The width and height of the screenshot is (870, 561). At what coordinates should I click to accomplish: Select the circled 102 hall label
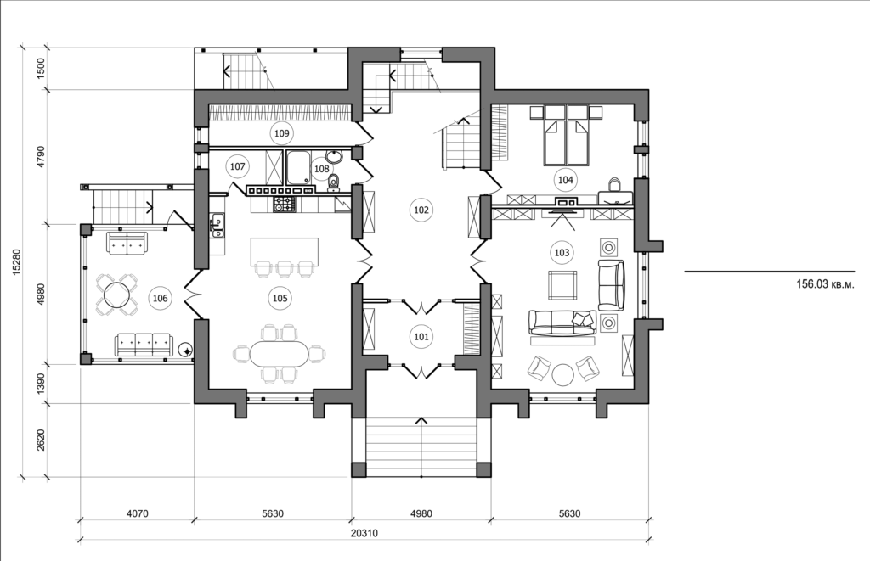(420, 210)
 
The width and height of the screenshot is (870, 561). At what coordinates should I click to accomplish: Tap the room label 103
(562, 252)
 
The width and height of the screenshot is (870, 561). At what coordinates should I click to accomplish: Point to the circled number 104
(565, 179)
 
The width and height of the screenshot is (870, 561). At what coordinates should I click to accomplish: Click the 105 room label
(279, 297)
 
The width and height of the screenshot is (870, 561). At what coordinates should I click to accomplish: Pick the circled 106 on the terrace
(160, 297)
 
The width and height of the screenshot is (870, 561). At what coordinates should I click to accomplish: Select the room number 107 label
(238, 167)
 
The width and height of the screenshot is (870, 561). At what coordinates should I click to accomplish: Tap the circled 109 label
(281, 133)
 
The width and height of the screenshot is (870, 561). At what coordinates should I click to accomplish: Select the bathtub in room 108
(298, 167)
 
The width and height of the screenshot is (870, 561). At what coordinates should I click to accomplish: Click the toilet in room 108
(334, 181)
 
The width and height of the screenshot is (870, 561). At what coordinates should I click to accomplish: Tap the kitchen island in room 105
(284, 252)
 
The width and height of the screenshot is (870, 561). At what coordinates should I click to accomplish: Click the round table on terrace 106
(116, 296)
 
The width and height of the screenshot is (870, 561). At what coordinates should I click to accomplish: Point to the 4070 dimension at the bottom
(136, 513)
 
